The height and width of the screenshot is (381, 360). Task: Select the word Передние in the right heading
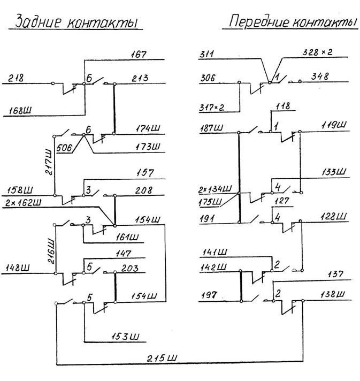259,22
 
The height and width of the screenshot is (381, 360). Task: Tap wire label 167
139,54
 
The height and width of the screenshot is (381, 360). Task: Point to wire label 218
16,78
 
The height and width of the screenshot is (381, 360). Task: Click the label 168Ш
20,111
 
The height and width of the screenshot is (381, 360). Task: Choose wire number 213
140,78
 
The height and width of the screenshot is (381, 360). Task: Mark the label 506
64,148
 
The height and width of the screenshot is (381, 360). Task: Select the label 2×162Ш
24,203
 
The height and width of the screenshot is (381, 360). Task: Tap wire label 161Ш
127,237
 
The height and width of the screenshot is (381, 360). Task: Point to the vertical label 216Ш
51,252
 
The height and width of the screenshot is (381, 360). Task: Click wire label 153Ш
126,337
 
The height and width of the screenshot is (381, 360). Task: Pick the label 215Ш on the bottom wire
162,358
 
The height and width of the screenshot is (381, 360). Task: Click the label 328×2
317,52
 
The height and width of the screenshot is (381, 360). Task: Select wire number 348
320,77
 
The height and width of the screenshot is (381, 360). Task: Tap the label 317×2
212,108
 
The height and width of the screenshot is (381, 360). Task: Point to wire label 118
283,106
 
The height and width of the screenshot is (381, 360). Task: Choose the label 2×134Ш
215,189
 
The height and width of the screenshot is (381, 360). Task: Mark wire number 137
335,275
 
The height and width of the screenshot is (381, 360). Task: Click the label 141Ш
215,252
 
